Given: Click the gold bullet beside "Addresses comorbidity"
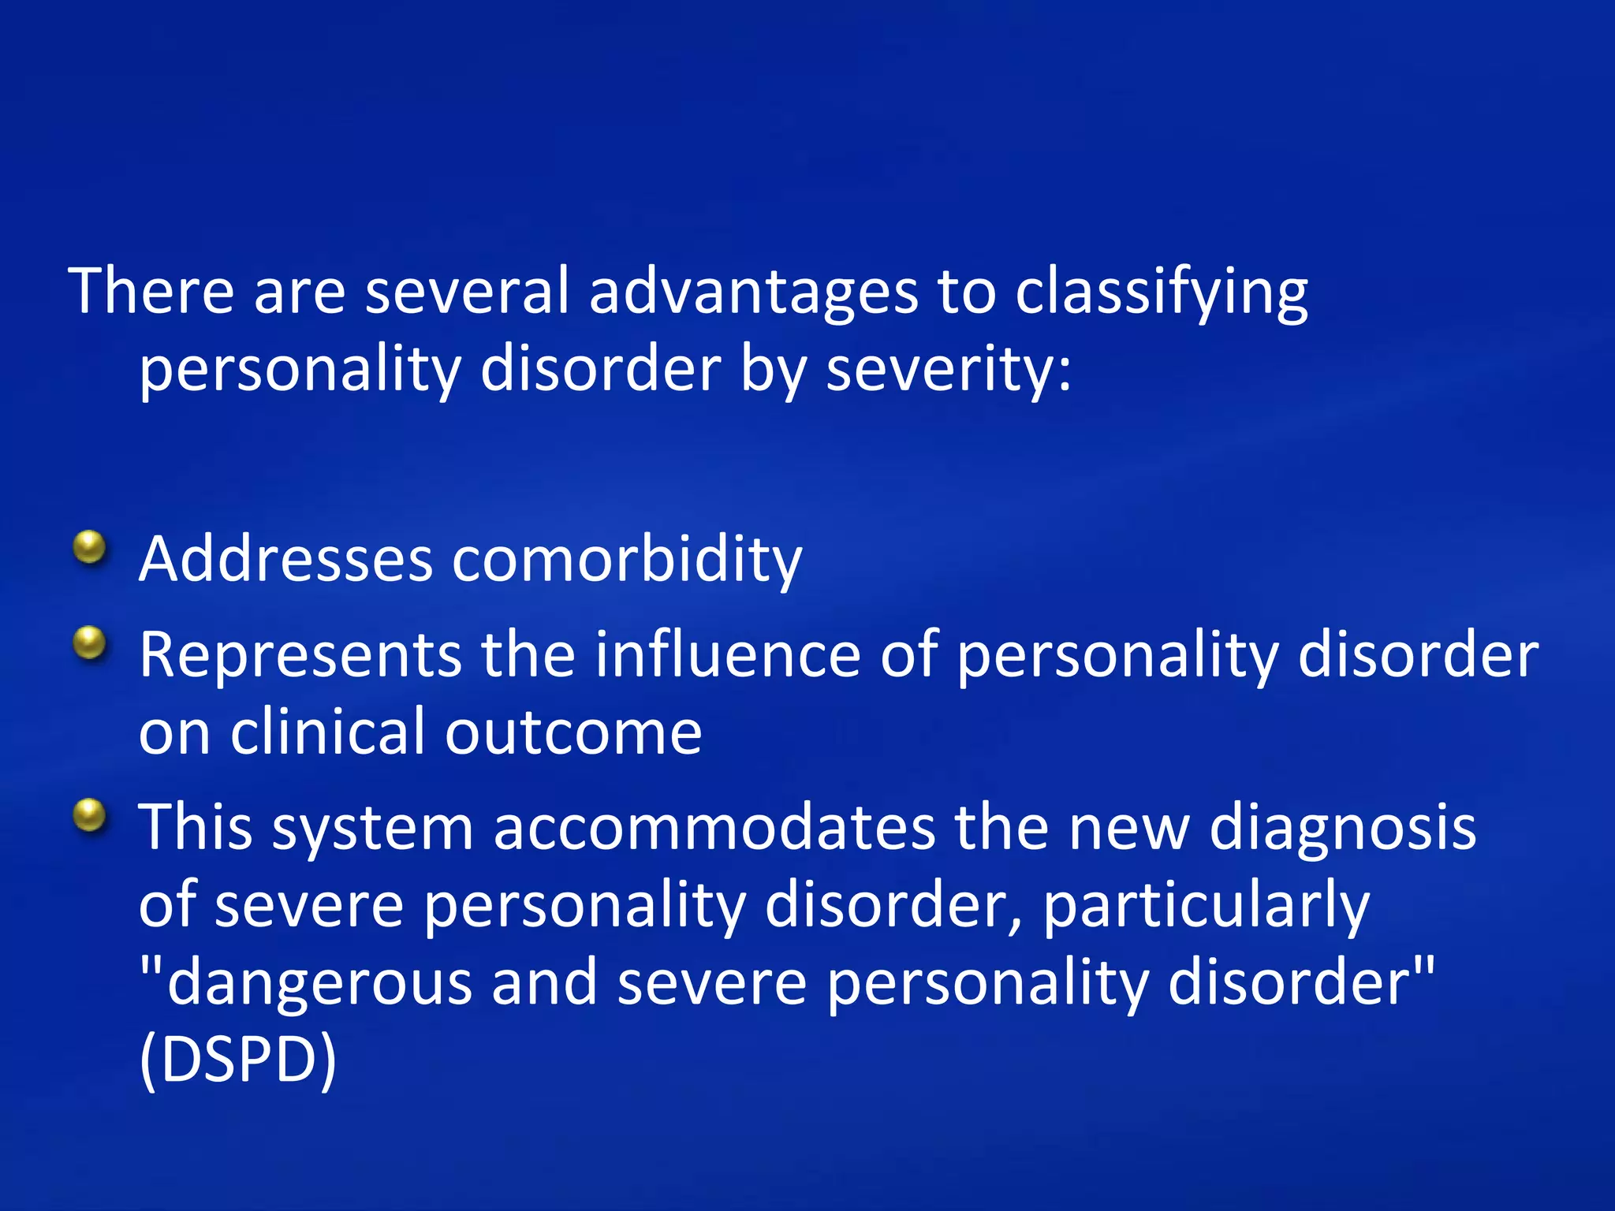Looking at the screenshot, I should click(x=90, y=547).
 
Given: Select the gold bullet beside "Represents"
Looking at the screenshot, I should click(x=90, y=643).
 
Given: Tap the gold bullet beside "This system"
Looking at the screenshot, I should click(x=90, y=815).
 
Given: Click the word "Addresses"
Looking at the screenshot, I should click(x=285, y=560).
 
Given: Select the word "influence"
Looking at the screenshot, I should click(x=727, y=654).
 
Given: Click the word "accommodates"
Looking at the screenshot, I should click(x=714, y=828).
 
